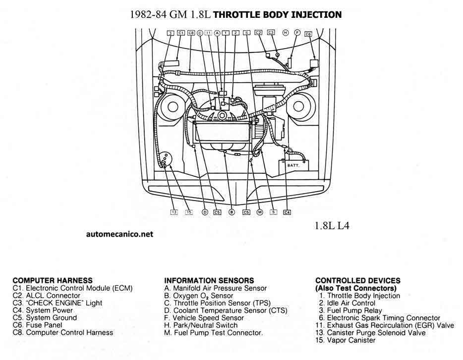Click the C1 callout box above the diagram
(181, 33)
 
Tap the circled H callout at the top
(285, 33)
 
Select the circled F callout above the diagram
(297, 33)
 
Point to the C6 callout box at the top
(308, 34)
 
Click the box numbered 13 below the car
(174, 212)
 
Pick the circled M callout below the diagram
(260, 212)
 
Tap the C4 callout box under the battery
(287, 212)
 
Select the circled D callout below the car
(205, 212)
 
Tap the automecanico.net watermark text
(119, 234)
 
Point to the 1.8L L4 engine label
(332, 226)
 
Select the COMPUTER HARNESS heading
(53, 280)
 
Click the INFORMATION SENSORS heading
(209, 280)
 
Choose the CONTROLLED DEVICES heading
(358, 281)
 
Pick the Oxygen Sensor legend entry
(198, 296)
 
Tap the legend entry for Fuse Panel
(38, 325)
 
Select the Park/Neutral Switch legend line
(201, 325)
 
